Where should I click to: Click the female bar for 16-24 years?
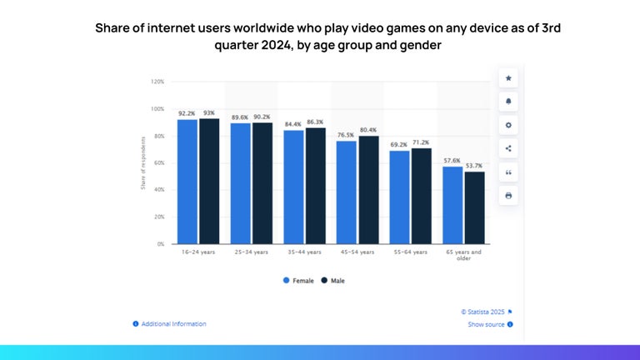[187, 182]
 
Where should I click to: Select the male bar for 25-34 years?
[262, 183]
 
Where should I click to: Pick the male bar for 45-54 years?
[368, 190]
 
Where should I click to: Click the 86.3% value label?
[315, 122]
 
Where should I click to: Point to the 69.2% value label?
[400, 145]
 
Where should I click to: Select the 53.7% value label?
[474, 166]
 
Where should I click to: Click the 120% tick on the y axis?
[157, 82]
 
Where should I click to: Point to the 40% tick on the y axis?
[158, 190]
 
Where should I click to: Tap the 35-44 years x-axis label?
[304, 252]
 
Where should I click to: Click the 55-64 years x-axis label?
[411, 252]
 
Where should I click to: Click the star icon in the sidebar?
[508, 78]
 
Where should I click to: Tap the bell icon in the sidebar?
[508, 102]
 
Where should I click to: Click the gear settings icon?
[508, 125]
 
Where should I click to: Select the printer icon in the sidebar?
[508, 195]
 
